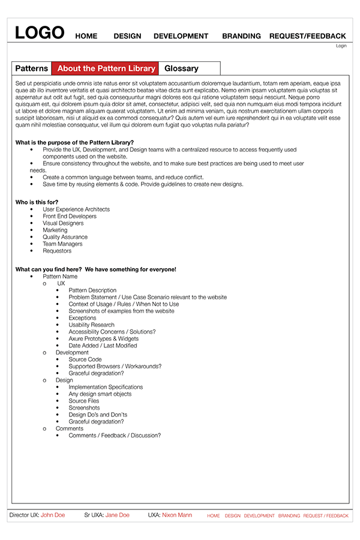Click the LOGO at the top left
click(x=40, y=32)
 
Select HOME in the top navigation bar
click(x=86, y=36)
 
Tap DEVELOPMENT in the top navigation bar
click(x=181, y=36)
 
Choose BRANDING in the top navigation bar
click(x=241, y=36)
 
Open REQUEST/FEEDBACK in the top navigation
click(x=307, y=36)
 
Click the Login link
click(x=341, y=46)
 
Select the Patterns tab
click(x=31, y=68)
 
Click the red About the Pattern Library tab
click(x=106, y=68)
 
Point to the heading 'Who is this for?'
click(x=39, y=202)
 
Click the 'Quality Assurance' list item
click(x=65, y=237)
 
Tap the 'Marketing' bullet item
click(x=55, y=230)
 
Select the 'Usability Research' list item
click(x=91, y=325)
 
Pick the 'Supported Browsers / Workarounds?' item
click(x=115, y=366)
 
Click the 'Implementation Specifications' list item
click(x=106, y=387)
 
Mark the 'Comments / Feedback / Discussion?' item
click(x=115, y=435)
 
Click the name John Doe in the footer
click(x=53, y=515)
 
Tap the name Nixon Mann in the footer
click(x=177, y=515)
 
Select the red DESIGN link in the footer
click(x=232, y=515)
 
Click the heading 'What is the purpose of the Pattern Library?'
click(x=74, y=142)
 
